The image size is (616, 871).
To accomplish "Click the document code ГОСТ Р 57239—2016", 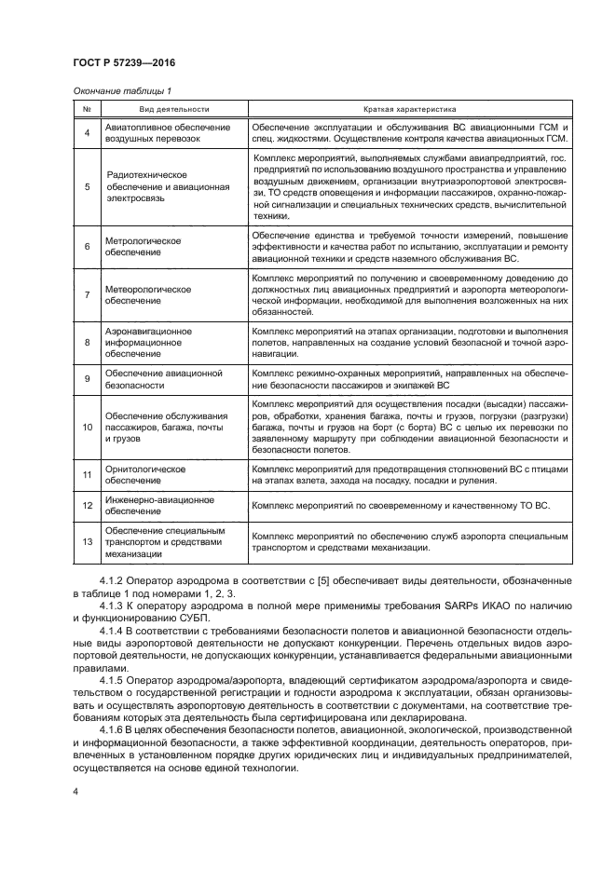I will coord(124,63).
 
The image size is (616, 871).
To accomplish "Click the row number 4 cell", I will coord(87,133).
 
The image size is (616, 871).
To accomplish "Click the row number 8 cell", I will coord(87,342).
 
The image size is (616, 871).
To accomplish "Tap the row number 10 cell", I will coord(87,426).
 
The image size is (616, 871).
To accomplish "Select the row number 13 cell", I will coord(87,542).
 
